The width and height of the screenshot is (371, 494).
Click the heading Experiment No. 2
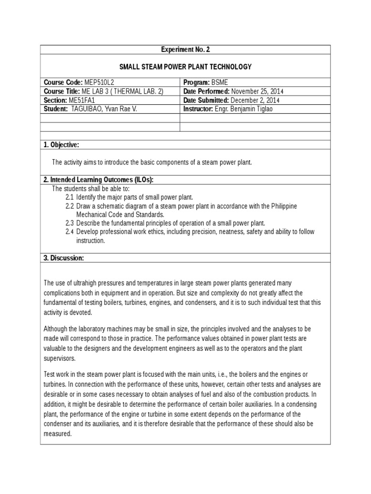pos(185,50)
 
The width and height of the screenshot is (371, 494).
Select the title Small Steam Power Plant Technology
pos(185,67)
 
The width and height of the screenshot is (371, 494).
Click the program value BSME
pos(219,82)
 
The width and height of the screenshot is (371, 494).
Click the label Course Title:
pos(62,92)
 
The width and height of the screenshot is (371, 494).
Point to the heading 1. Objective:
pos(61,145)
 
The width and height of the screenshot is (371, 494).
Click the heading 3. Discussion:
pos(64,258)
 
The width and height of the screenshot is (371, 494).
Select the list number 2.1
pos(70,197)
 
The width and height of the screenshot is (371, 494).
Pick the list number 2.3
pos(70,223)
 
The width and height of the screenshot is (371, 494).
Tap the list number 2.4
pos(70,232)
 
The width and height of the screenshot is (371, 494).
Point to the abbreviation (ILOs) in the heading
pos(140,180)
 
